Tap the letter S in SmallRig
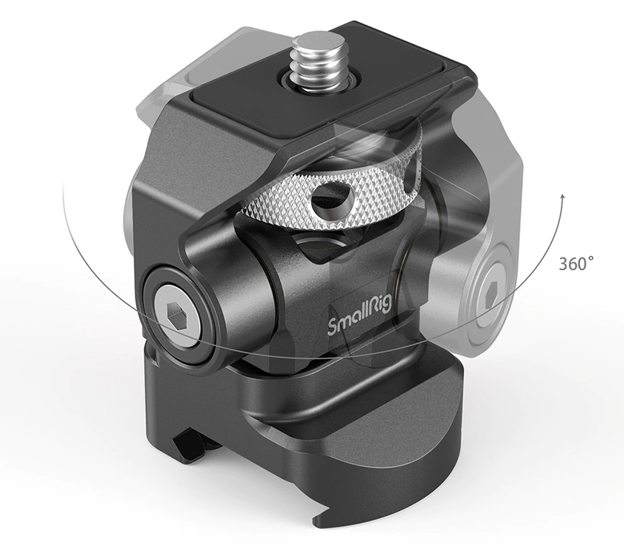(x=332, y=327)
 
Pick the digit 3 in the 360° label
(x=563, y=263)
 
